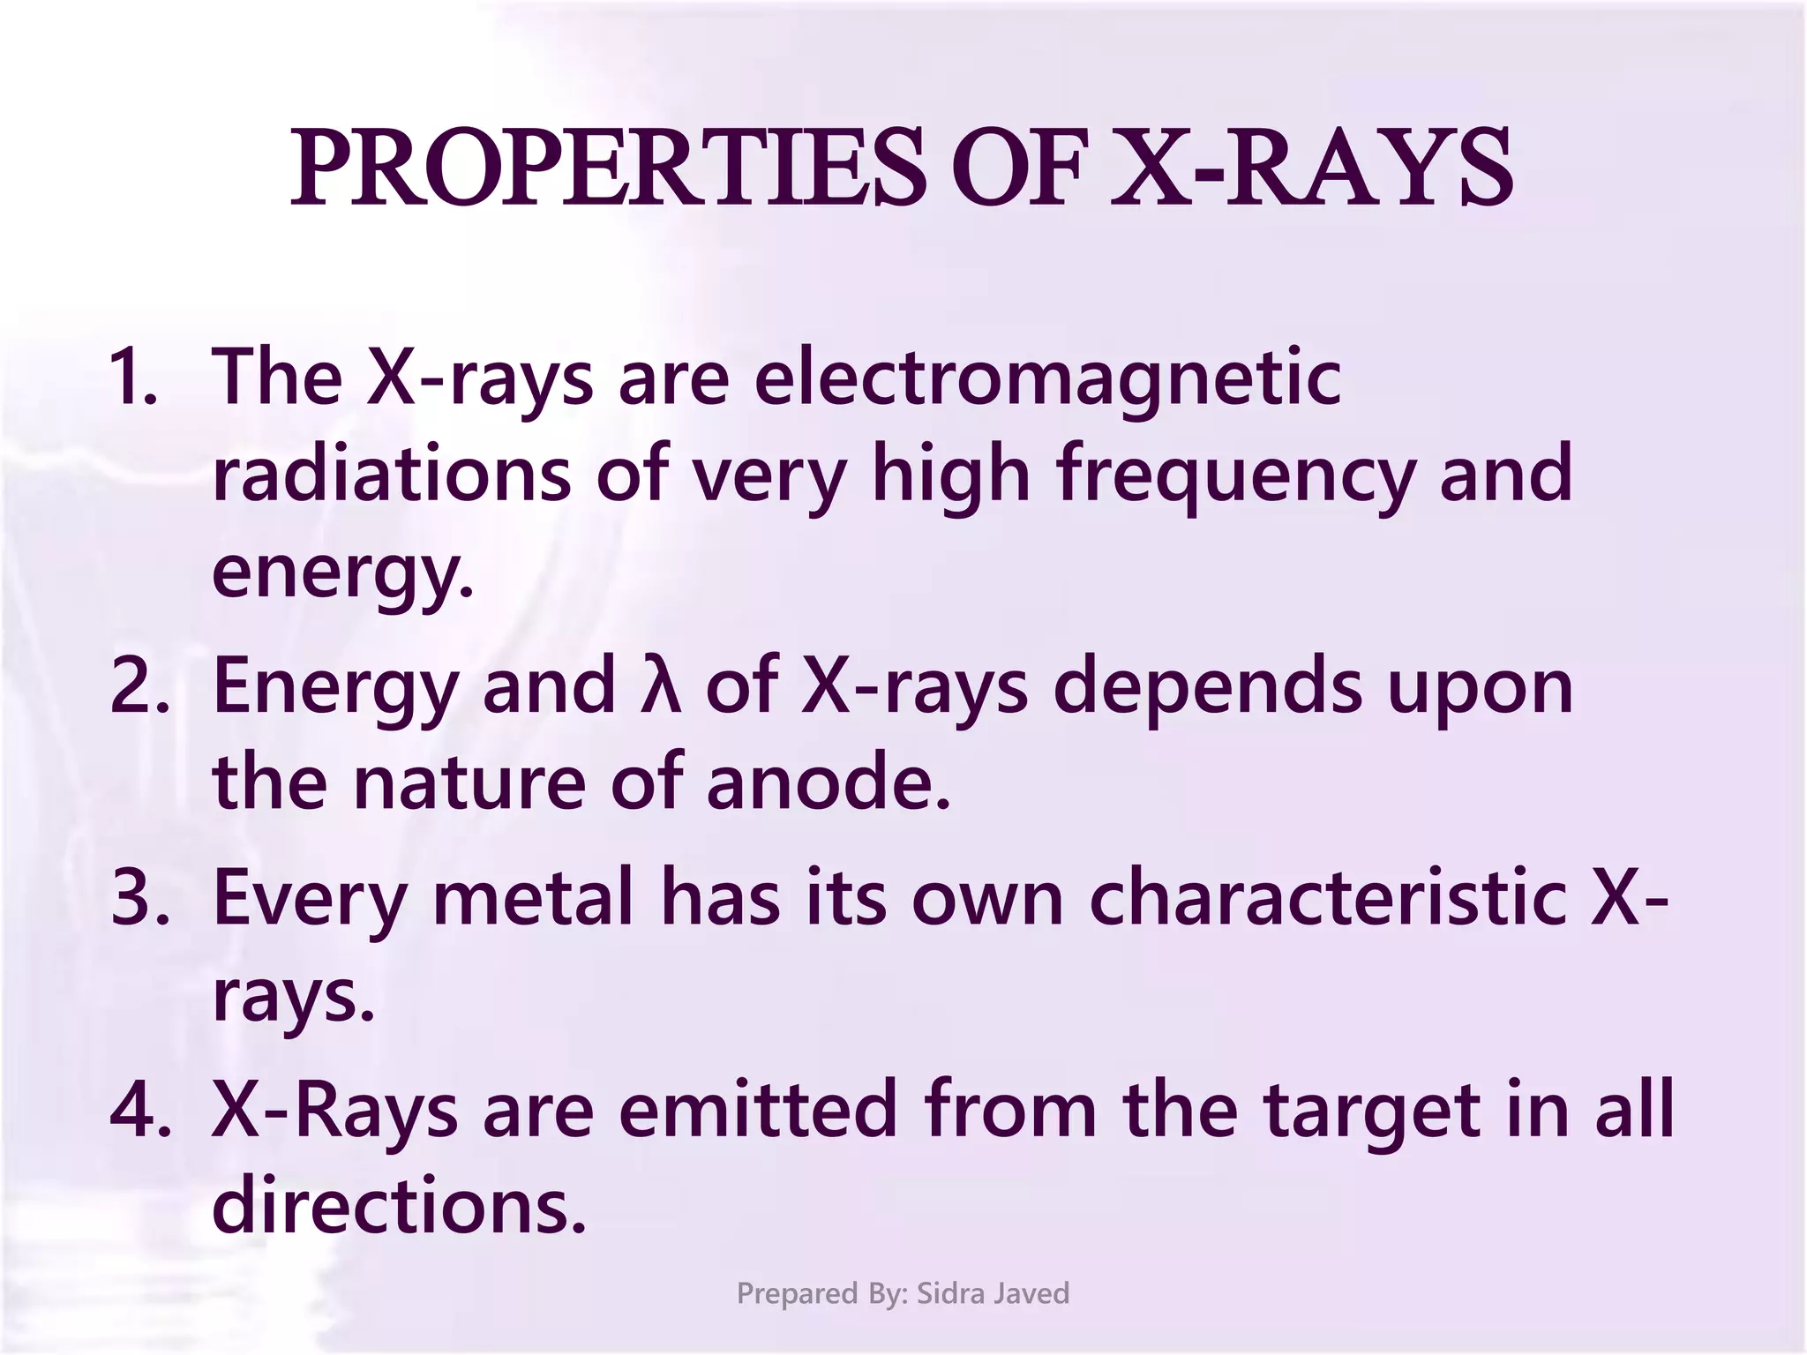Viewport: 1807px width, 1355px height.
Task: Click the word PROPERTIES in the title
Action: (x=609, y=168)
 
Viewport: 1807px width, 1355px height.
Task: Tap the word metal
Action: (x=533, y=899)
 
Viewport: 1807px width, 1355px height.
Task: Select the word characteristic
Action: (x=1327, y=899)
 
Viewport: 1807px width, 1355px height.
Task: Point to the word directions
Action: (x=399, y=1207)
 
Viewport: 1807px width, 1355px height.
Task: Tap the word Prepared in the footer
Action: (x=798, y=1294)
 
